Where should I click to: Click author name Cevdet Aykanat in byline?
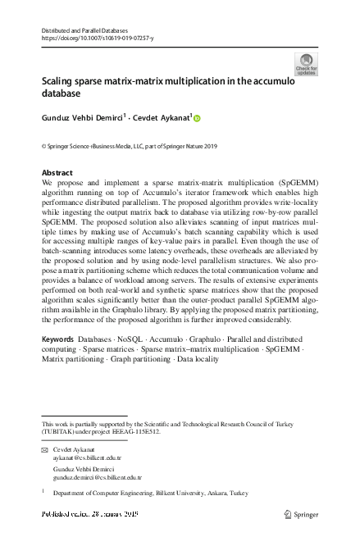[x=162, y=118]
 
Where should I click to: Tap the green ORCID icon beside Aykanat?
[x=197, y=119]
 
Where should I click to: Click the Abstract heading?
[x=57, y=173]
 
